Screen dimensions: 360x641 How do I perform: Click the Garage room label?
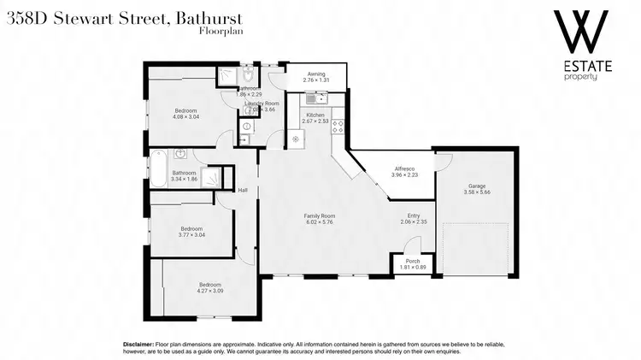pyautogui.click(x=476, y=186)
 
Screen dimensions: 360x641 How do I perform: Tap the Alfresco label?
pyautogui.click(x=392, y=168)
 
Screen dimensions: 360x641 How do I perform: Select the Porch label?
pyautogui.click(x=412, y=262)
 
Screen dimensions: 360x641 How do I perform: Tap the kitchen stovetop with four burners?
pyautogui.click(x=338, y=126)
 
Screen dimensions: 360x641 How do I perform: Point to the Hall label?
pyautogui.click(x=243, y=190)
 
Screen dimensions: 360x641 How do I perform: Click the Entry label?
pyautogui.click(x=414, y=215)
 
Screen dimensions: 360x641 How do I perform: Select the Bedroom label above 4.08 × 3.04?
pyautogui.click(x=186, y=110)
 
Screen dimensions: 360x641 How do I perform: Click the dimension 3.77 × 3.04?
pyautogui.click(x=191, y=234)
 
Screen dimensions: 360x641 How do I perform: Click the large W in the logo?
pyautogui.click(x=581, y=32)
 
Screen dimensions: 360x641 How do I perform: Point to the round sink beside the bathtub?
pyautogui.click(x=180, y=155)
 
